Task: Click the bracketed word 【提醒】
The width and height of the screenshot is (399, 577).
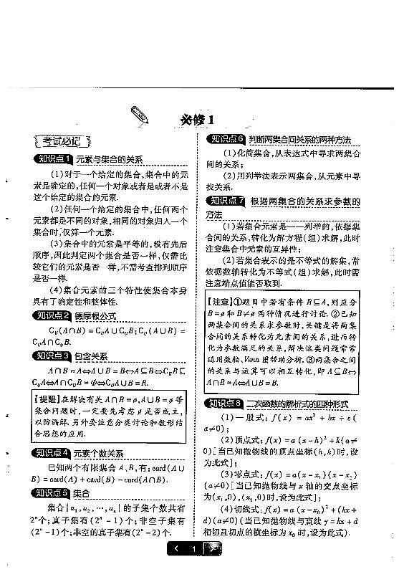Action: [x=51, y=398]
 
